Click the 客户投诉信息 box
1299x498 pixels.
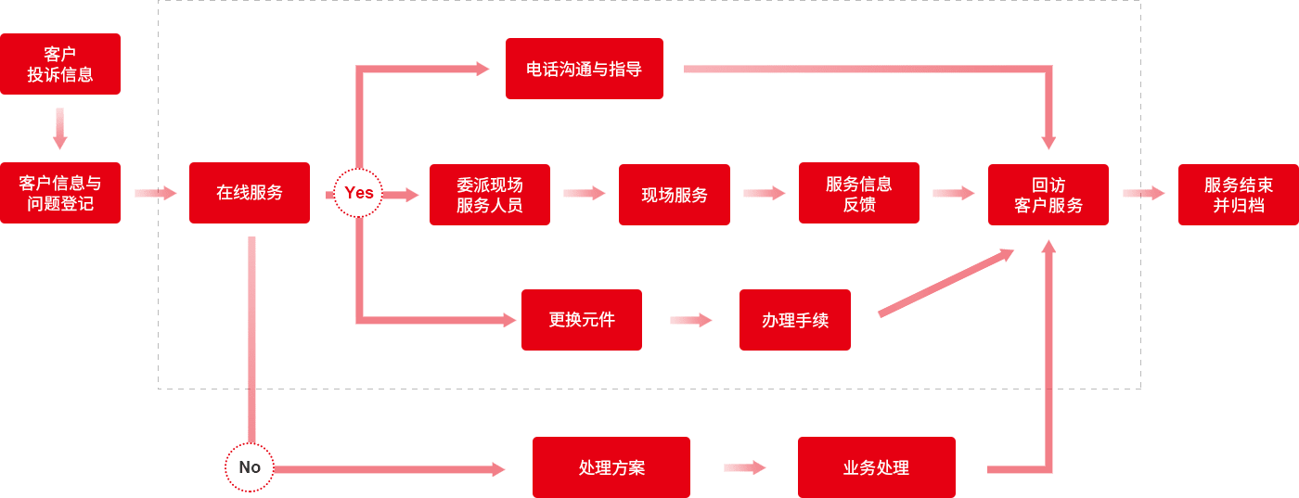click(x=60, y=64)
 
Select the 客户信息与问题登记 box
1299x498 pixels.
click(x=60, y=193)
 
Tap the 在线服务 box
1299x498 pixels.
click(x=250, y=193)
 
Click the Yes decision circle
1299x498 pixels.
click(x=358, y=193)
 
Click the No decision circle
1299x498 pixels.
click(x=250, y=467)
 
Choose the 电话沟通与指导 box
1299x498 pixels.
click(x=584, y=69)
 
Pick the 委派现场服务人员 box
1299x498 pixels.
click(x=489, y=195)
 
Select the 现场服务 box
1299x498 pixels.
click(x=674, y=195)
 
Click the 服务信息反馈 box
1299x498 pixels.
click(x=858, y=193)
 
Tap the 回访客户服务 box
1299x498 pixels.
click(x=1048, y=195)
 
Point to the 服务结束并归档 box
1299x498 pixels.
click(x=1238, y=195)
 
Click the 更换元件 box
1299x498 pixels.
click(x=581, y=320)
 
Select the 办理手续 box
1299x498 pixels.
click(x=794, y=320)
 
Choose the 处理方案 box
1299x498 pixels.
click(x=611, y=467)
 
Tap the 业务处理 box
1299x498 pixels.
click(x=876, y=467)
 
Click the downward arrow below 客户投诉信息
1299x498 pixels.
click(x=60, y=128)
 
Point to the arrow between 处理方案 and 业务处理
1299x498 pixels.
click(x=744, y=467)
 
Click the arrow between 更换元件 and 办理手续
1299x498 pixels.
click(x=690, y=320)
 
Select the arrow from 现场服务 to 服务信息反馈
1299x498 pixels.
click(x=764, y=193)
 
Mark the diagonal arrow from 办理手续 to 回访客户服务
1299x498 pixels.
click(x=945, y=283)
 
